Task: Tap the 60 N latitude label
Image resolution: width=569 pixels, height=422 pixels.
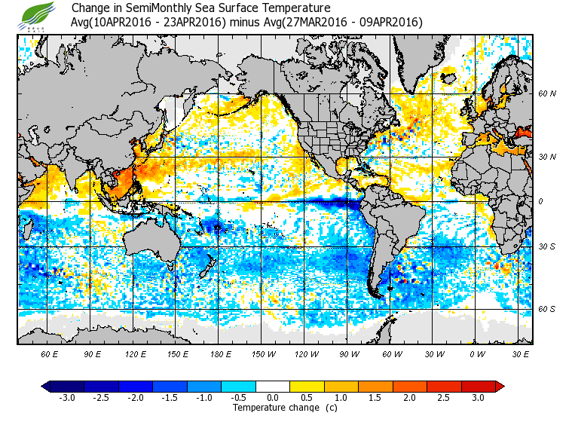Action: [x=546, y=94]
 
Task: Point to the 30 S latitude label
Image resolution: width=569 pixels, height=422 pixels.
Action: [x=546, y=247]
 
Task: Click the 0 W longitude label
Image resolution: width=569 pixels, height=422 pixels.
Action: [x=476, y=353]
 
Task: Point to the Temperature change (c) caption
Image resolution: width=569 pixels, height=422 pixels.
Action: [x=274, y=408]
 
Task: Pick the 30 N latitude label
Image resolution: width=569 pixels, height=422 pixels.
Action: [x=546, y=157]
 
